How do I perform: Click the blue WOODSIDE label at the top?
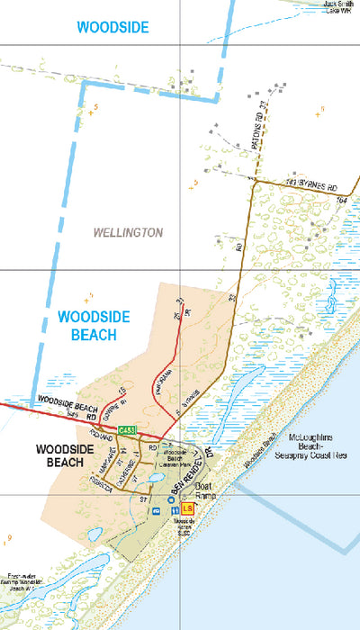click(112, 28)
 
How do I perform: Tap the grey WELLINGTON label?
click(128, 232)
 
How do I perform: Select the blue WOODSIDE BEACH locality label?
click(94, 326)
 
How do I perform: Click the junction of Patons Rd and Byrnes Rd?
click(254, 181)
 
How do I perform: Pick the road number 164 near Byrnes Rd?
click(341, 198)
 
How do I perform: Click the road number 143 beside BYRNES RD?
click(265, 181)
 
